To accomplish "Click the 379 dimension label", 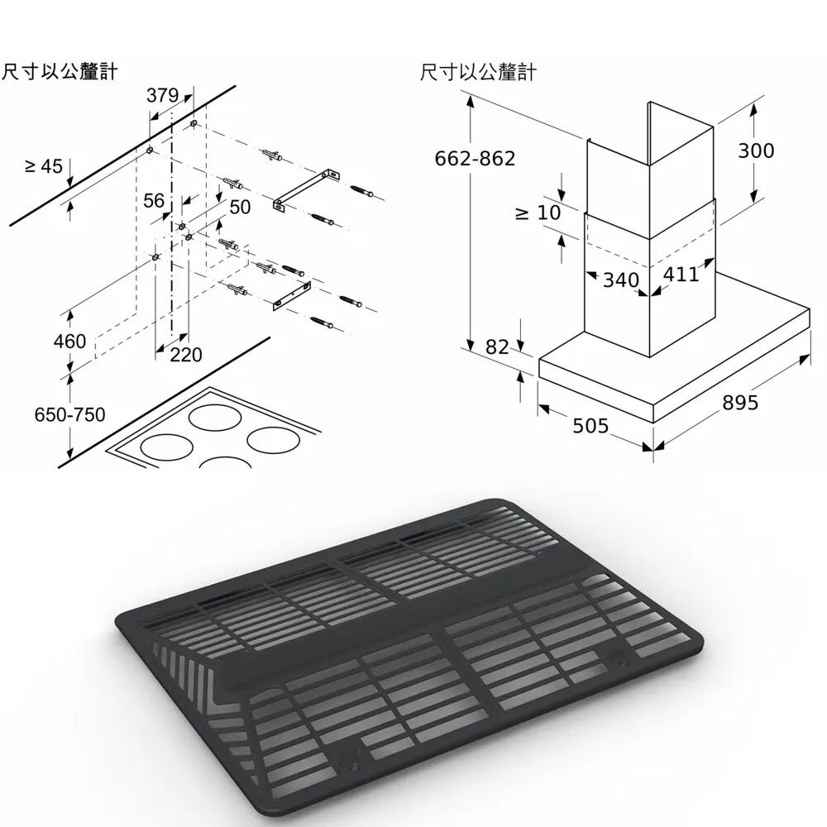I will (163, 96).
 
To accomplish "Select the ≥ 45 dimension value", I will (43, 166).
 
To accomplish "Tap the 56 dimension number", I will (154, 201).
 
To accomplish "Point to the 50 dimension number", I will (239, 207).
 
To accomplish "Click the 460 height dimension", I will (69, 341).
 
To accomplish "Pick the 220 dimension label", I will (186, 355).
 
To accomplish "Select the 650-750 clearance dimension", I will (69, 414).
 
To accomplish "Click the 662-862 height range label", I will (475, 158).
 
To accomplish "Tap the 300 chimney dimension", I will (756, 151).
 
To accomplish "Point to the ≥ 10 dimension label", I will (538, 213).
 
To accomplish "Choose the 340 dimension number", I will (620, 280).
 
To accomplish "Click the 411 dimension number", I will (681, 274).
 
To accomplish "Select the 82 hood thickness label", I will (497, 347).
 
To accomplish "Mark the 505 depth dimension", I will (590, 426).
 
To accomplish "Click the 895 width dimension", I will (739, 403).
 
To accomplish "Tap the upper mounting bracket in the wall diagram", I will (306, 189).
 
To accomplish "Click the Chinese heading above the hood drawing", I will (477, 73).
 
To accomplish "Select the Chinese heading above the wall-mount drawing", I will (59, 72).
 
